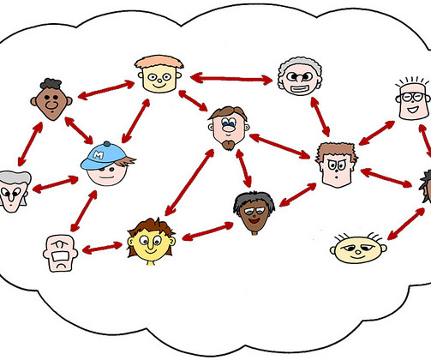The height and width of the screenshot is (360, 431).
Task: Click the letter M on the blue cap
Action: tap(99, 155)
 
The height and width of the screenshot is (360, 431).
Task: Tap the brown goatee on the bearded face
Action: tap(229, 145)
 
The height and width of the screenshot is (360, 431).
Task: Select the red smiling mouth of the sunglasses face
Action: tap(254, 220)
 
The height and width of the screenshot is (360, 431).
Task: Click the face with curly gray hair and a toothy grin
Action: tap(300, 76)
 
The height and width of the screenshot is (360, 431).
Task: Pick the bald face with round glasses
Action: tap(413, 99)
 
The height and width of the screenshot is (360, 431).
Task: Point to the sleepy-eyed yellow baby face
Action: tap(358, 249)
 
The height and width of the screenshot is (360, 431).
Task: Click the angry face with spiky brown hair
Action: tap(337, 165)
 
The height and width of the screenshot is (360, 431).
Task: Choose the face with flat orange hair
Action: tap(159, 74)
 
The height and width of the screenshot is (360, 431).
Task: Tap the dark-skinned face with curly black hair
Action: tap(51, 99)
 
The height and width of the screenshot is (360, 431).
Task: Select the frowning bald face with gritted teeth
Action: tap(60, 254)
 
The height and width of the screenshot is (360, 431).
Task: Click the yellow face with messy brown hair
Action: tap(151, 242)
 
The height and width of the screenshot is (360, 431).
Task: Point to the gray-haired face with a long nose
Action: tap(15, 191)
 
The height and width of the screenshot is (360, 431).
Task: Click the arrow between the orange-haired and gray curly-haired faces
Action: tap(231, 78)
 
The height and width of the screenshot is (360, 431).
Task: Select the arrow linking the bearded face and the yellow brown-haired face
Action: tap(189, 183)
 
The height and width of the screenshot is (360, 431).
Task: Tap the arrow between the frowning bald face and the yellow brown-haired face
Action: tap(102, 248)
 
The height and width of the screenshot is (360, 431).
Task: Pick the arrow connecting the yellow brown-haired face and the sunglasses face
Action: tap(207, 231)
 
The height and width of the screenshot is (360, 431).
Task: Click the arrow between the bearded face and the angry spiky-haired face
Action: tap(279, 146)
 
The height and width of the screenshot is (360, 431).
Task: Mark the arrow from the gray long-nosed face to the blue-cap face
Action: tap(55, 184)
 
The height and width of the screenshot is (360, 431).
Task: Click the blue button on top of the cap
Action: tap(107, 144)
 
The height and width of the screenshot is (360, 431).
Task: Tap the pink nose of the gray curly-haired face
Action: tap(299, 77)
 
